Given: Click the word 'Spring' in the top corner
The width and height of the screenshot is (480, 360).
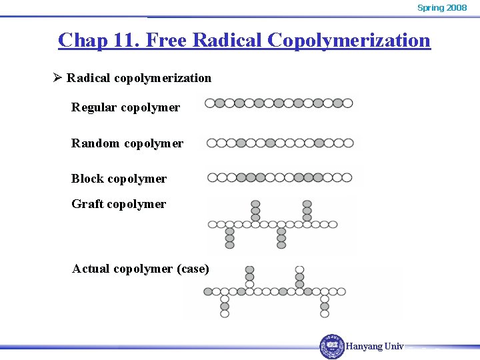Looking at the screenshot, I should [430, 7].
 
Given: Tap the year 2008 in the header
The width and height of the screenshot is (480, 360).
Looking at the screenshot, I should [457, 7].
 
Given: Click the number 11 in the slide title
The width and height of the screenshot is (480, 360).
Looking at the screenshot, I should [125, 40].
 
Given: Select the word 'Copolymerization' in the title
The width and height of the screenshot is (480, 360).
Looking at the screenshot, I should [349, 40].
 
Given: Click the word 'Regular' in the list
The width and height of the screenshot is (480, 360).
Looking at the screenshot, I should [94, 107].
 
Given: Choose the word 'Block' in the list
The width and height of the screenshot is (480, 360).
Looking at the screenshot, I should [87, 179].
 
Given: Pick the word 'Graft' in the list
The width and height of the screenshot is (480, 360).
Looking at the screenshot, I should [87, 204].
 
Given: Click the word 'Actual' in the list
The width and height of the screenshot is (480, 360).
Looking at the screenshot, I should [91, 269].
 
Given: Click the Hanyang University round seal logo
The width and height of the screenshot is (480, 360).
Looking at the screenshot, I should [332, 346].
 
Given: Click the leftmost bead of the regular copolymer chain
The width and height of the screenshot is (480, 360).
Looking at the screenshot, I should [210, 103].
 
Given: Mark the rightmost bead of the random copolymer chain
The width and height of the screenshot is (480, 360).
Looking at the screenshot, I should [349, 143].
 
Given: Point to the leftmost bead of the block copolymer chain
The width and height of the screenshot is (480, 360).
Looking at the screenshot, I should [212, 177].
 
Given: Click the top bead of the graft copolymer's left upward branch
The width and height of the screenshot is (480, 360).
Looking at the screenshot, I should [255, 204].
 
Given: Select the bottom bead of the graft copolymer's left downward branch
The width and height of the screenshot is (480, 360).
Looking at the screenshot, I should [230, 245].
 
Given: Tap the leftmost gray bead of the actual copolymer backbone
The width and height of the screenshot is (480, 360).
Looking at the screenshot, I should [208, 291].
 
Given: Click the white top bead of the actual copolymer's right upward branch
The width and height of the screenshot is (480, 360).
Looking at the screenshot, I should [299, 270].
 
